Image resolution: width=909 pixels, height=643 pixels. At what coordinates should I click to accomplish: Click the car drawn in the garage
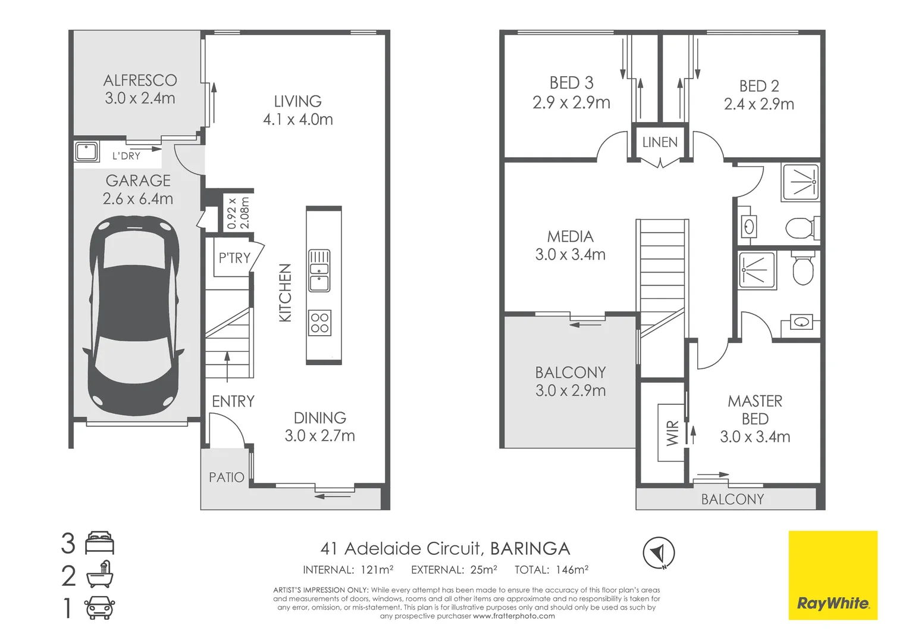(134, 316)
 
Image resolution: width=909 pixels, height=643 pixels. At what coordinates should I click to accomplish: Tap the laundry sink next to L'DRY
(87, 152)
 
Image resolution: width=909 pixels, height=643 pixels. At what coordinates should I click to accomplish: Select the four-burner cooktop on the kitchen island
(319, 323)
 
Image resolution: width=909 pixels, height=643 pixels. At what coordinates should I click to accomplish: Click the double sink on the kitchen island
(319, 271)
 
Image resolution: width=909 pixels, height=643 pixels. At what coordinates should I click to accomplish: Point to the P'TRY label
(234, 258)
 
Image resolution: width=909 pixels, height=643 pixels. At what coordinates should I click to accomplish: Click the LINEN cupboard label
(660, 142)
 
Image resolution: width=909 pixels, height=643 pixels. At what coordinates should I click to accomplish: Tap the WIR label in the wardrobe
(672, 433)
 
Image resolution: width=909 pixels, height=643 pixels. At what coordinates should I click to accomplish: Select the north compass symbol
(659, 553)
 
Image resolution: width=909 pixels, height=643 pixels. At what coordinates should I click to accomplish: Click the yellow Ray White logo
(833, 575)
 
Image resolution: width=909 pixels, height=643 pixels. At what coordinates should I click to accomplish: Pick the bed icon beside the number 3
(100, 543)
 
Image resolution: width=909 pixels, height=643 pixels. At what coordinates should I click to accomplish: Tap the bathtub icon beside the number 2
(100, 575)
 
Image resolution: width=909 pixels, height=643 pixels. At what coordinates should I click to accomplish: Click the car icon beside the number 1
(100, 608)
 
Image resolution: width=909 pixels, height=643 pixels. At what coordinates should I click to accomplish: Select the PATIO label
(227, 477)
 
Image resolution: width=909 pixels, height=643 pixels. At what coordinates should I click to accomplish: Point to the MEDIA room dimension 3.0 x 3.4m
(570, 255)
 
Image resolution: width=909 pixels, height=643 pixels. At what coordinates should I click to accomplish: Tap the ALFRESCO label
(140, 80)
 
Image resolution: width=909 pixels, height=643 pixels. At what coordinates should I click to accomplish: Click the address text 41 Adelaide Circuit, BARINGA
(445, 548)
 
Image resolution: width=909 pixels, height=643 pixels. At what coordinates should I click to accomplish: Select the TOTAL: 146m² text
(551, 570)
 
